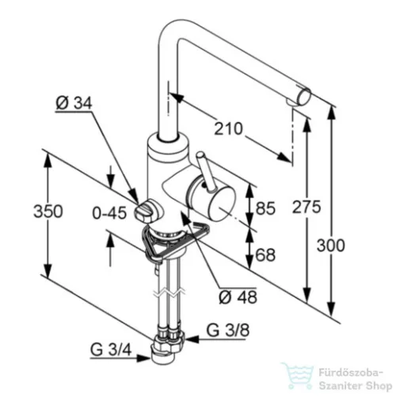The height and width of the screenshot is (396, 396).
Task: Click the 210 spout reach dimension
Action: pos(228,128)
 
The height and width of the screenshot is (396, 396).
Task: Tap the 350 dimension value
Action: pos(48,211)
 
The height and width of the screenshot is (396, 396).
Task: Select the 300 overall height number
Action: pos(330,246)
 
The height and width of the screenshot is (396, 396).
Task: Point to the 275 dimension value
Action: pos(307,207)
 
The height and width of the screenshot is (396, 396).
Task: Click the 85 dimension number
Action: pos(265,208)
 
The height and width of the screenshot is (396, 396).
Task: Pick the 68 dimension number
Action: pos(265,255)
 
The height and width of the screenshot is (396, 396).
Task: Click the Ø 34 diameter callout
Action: pos(74,103)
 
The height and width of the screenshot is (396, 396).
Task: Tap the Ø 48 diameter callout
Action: pos(238,297)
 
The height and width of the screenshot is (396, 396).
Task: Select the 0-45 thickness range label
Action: pos(109,213)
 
